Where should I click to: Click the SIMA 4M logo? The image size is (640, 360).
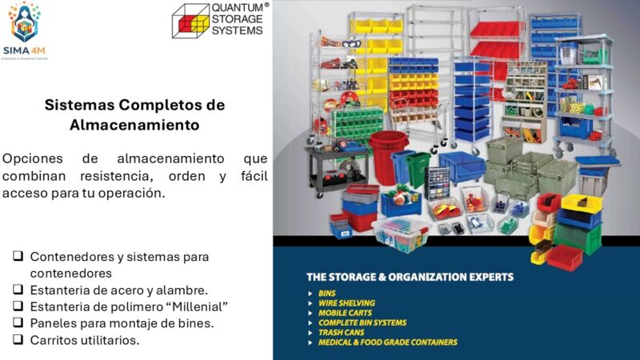pyautogui.click(x=25, y=30)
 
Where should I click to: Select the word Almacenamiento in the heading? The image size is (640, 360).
pyautogui.click(x=134, y=126)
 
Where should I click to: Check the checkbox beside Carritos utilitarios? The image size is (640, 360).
pyautogui.click(x=17, y=340)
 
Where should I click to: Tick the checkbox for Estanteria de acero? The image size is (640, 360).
pyautogui.click(x=17, y=290)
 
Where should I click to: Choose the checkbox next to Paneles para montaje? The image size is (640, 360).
pyautogui.click(x=17, y=323)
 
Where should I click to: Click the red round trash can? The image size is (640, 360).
pyautogui.click(x=388, y=156)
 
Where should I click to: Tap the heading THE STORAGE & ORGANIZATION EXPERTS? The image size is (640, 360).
pyautogui.click(x=410, y=277)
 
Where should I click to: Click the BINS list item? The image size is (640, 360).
pyautogui.click(x=327, y=294)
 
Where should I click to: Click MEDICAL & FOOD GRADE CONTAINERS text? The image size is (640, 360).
pyautogui.click(x=387, y=342)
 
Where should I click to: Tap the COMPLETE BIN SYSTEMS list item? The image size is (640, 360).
pyautogui.click(x=362, y=322)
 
